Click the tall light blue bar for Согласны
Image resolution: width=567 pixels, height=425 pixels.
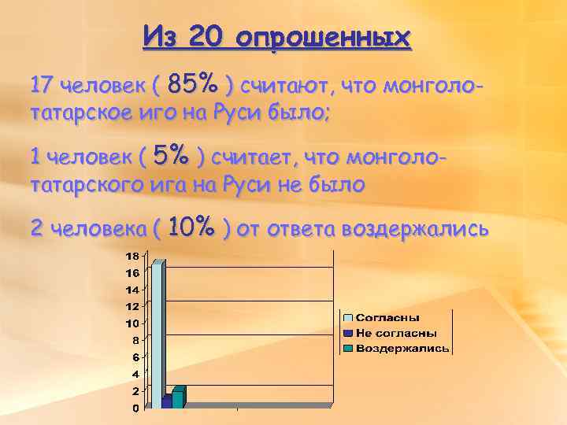(159, 334)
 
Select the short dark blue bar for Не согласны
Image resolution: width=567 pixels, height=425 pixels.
(166, 402)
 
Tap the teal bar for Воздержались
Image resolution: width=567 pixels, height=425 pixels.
(177, 398)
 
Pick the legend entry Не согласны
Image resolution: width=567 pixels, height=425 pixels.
(391, 333)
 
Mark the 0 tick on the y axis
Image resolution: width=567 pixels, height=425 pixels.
(135, 408)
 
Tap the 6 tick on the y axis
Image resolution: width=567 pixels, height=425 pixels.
(135, 357)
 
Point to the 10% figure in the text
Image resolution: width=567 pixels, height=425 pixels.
(191, 228)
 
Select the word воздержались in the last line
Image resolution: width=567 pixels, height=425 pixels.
(419, 229)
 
